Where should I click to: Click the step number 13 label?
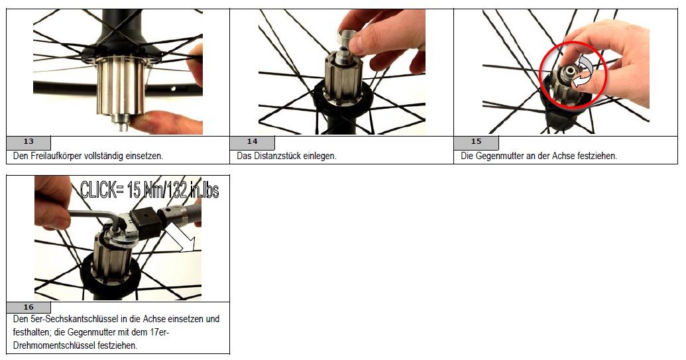(29, 142)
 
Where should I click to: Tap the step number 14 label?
(253, 142)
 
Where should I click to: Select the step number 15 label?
(477, 142)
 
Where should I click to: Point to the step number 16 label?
(29, 307)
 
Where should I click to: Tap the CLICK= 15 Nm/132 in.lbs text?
(149, 190)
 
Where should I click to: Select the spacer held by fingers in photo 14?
(347, 40)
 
